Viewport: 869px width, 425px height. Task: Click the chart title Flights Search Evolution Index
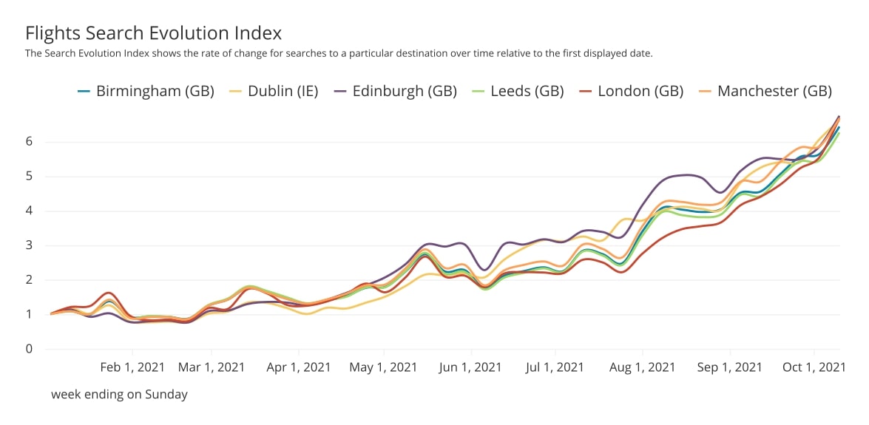[x=153, y=33]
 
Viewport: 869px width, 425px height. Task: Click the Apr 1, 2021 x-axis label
[x=298, y=367]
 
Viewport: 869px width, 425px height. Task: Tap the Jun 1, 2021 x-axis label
[x=471, y=367]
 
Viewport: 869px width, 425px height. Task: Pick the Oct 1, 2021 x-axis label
[x=814, y=367]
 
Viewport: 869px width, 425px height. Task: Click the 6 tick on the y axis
[x=30, y=142]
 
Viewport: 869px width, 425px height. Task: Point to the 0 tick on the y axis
[x=30, y=349]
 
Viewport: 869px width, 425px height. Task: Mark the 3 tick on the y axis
[x=30, y=245]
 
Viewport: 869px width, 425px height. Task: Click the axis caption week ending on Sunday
[x=119, y=395]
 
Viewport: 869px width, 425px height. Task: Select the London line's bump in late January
[x=109, y=293]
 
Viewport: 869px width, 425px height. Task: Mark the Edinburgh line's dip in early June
[x=484, y=270]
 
